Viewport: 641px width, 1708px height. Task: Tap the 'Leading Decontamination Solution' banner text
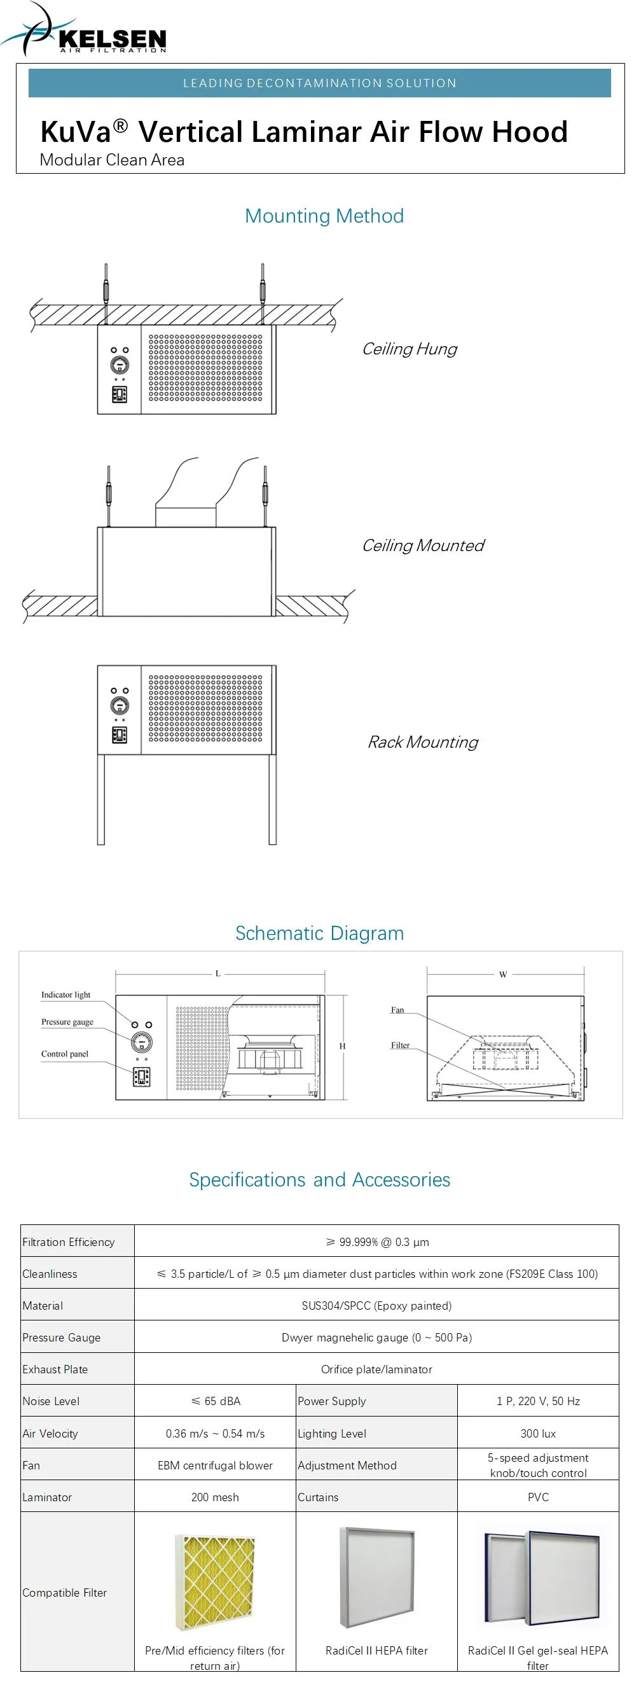point(319,83)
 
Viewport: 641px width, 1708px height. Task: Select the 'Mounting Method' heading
point(324,216)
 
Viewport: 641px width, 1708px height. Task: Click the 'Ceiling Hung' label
point(409,349)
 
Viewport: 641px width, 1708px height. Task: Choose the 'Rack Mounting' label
point(422,742)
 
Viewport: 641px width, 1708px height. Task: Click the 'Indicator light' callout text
point(65,995)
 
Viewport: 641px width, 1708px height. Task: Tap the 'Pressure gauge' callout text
point(67,1022)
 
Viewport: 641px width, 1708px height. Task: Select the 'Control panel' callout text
point(64,1054)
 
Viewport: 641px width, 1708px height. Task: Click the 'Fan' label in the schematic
point(397,1010)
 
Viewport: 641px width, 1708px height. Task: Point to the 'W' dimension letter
point(502,974)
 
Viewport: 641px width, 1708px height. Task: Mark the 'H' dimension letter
point(342,1046)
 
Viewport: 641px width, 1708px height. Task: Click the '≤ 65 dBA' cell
point(216,1401)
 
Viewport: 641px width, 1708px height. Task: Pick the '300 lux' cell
point(537,1434)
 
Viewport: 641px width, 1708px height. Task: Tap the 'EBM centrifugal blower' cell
point(215,1466)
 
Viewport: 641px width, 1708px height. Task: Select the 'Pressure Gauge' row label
point(62,1338)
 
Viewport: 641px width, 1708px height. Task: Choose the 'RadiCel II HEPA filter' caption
point(376,1650)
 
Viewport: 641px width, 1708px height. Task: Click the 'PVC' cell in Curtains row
point(537,1497)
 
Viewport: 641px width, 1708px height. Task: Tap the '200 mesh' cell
point(215,1497)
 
